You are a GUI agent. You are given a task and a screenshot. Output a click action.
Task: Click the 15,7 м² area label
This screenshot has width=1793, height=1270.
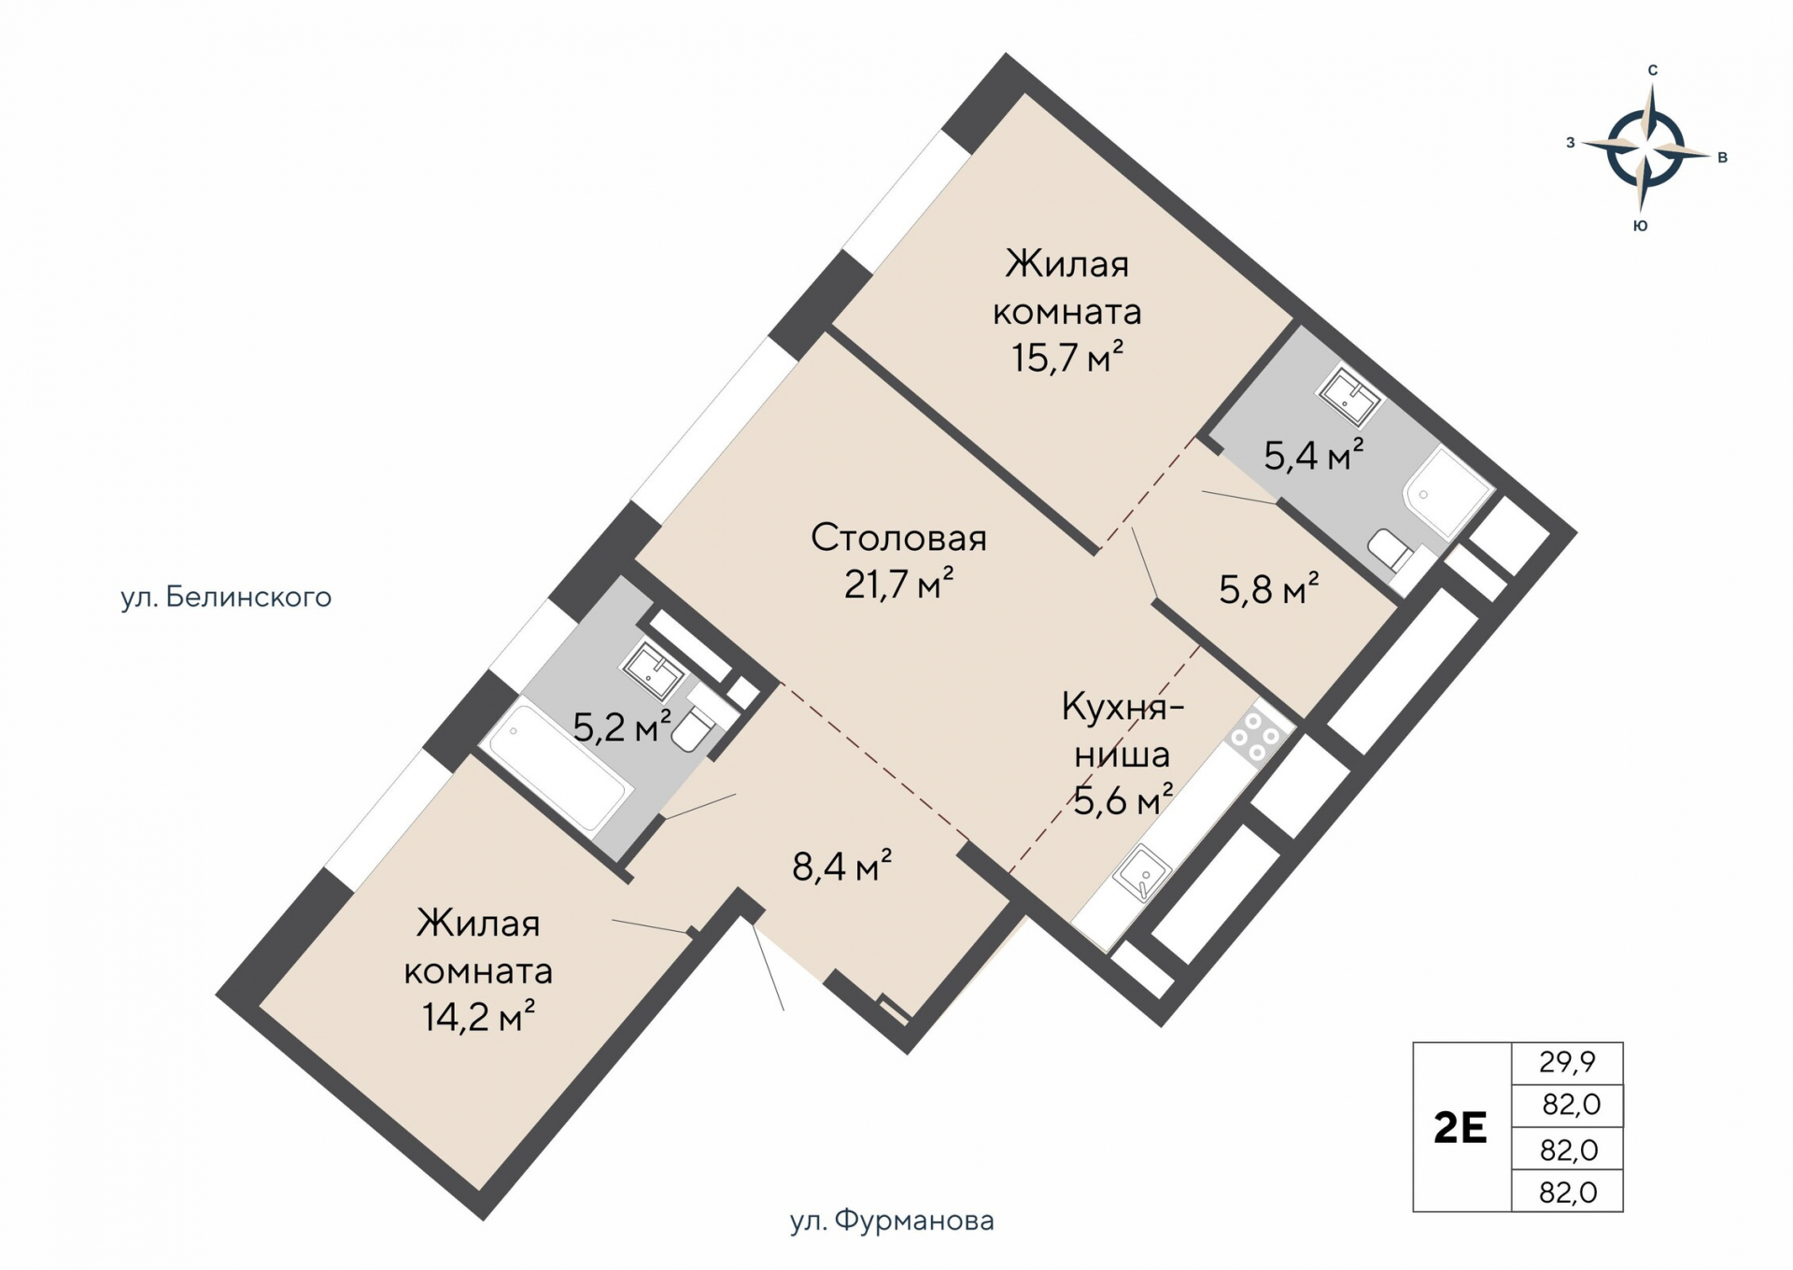1066,358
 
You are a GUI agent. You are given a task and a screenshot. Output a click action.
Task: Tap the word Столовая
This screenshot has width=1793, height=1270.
898,538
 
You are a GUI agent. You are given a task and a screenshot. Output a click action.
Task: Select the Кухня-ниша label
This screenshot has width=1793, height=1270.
1122,729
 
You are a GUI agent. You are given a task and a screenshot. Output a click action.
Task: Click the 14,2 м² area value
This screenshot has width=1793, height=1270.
478,1017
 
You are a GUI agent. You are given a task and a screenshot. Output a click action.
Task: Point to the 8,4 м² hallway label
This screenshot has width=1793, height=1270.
841,867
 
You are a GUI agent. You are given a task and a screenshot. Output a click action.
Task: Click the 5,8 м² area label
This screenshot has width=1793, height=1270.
1268,589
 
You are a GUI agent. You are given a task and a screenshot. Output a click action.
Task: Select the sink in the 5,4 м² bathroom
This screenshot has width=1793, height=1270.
1348,396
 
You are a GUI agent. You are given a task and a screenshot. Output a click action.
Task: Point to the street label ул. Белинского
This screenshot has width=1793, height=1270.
226,598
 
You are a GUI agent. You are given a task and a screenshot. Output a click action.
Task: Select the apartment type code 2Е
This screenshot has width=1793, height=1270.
1461,1128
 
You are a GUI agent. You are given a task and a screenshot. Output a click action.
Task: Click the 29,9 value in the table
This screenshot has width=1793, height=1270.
1567,1062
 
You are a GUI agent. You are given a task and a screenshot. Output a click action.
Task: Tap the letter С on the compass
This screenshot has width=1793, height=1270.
1652,70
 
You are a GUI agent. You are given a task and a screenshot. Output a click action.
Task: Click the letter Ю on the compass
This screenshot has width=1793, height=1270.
1640,226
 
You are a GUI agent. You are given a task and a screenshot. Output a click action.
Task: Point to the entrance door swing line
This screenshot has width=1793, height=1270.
768,967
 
